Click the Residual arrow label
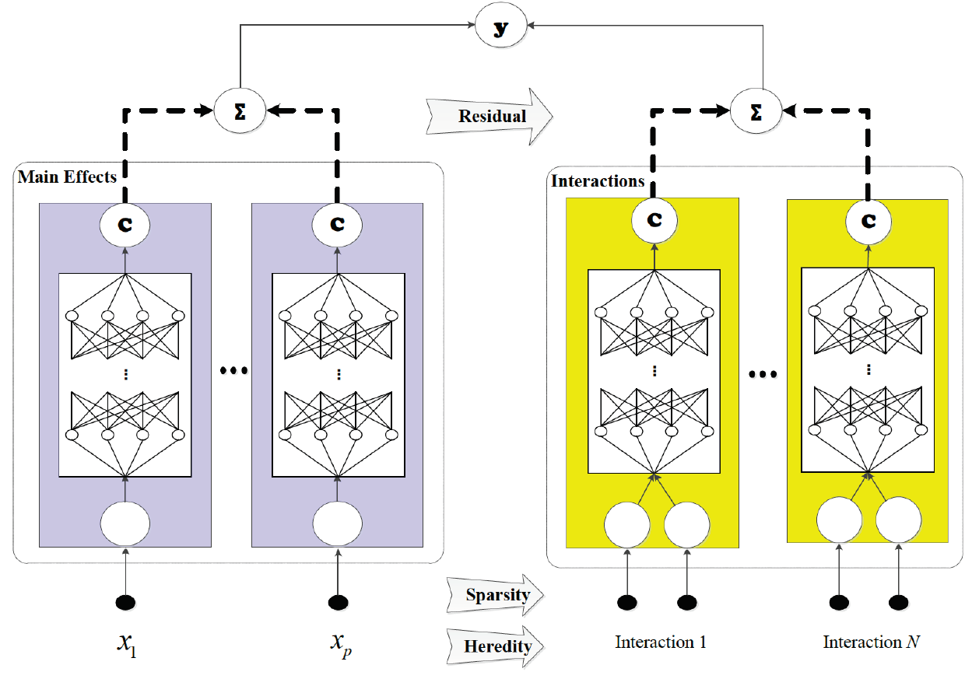coord(492,117)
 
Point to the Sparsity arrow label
coord(497,595)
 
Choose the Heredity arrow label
coord(497,646)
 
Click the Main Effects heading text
coord(67,177)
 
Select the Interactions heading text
coord(598,181)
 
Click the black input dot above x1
coord(125,601)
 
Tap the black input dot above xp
coord(338,601)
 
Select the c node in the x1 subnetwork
coord(125,224)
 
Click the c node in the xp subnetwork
coord(337,224)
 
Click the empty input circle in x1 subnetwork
coord(125,522)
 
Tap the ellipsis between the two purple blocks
coord(233,372)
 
